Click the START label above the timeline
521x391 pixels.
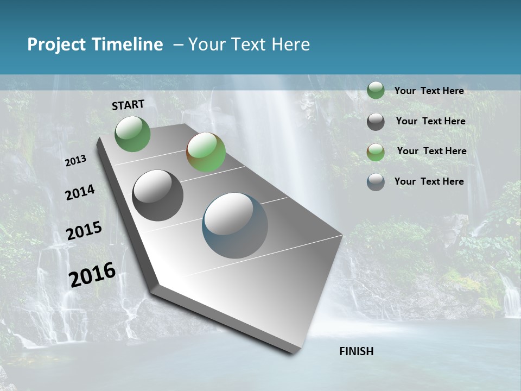pyautogui.click(x=128, y=105)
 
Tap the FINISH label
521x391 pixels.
pyautogui.click(x=357, y=351)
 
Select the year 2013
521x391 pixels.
pyautogui.click(x=75, y=161)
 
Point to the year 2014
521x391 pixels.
pyautogui.click(x=80, y=193)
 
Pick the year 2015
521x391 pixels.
pyautogui.click(x=84, y=231)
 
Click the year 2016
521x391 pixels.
pyautogui.click(x=92, y=274)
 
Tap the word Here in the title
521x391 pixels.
pyautogui.click(x=290, y=45)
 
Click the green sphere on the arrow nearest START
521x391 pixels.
pyautogui.click(x=133, y=134)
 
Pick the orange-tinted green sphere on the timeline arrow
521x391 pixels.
pyautogui.click(x=206, y=152)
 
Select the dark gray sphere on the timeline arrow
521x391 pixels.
pyautogui.click(x=158, y=195)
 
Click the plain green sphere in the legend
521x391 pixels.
pyautogui.click(x=376, y=91)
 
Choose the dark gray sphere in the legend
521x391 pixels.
pyautogui.click(x=376, y=122)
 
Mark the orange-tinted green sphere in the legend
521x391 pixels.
pyautogui.click(x=376, y=152)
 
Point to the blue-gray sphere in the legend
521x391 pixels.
pyautogui.click(x=376, y=182)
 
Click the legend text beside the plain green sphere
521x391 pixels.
pyautogui.click(x=429, y=91)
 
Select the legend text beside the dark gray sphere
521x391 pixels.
pyautogui.click(x=430, y=121)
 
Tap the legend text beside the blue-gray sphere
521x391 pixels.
pyautogui.click(x=429, y=181)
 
